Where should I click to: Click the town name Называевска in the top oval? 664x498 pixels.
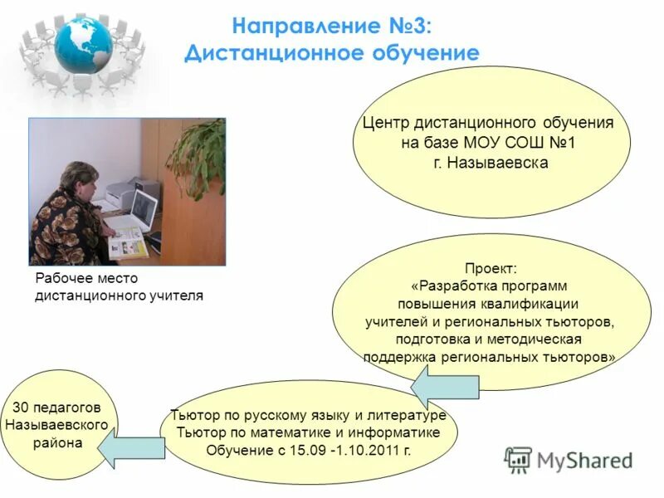[498, 163]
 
